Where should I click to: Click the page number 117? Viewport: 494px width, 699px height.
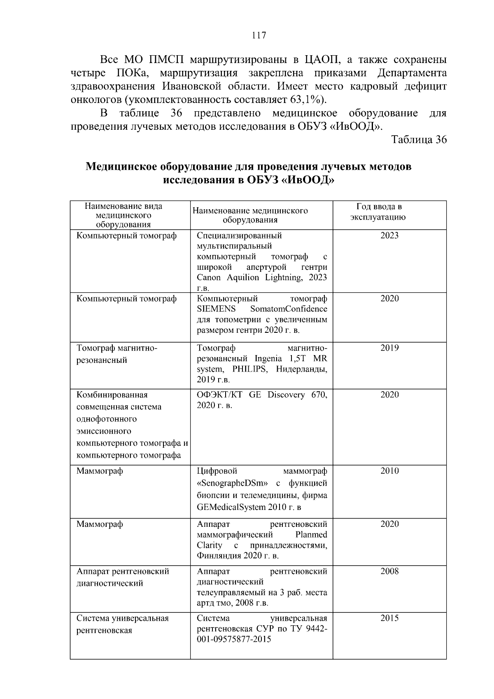click(x=259, y=35)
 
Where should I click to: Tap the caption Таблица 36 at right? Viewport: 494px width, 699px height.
click(x=419, y=139)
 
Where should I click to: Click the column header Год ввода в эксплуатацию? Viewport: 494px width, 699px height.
click(x=378, y=212)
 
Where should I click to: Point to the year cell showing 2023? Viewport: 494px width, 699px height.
click(x=389, y=236)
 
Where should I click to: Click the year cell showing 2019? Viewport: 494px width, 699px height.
click(x=389, y=348)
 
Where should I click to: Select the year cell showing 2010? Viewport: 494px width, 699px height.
click(x=389, y=471)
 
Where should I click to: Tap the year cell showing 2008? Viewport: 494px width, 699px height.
click(x=389, y=571)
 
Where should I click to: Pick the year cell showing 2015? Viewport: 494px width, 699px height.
click(x=389, y=618)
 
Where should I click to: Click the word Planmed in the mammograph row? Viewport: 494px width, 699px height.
click(x=311, y=535)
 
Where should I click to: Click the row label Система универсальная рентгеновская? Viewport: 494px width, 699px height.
click(x=123, y=624)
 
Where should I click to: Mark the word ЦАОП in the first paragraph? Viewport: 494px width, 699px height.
click(x=321, y=60)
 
